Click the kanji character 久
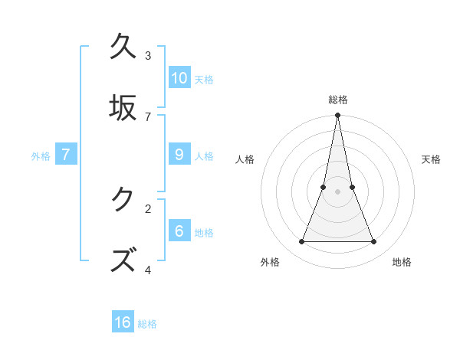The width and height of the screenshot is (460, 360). (x=123, y=47)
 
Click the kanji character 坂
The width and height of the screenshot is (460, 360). (x=123, y=107)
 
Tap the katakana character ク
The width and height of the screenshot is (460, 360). (x=123, y=200)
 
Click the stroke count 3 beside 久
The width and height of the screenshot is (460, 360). (x=148, y=55)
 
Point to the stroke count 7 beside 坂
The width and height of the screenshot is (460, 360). (x=148, y=116)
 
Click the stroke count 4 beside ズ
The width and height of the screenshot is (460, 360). (x=148, y=270)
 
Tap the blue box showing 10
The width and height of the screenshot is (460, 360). (x=179, y=78)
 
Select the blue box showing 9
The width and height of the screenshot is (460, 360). (x=179, y=155)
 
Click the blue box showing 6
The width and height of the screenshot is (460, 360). (x=179, y=231)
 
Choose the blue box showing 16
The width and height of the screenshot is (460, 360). (x=123, y=322)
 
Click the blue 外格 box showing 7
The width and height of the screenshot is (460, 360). (x=66, y=155)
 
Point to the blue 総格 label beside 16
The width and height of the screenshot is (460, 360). (x=147, y=324)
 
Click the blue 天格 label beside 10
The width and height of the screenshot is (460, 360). (x=204, y=80)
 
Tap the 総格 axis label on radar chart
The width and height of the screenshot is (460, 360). (x=337, y=100)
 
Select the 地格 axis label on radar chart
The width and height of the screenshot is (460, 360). (x=402, y=262)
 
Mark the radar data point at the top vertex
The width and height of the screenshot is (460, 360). (x=337, y=116)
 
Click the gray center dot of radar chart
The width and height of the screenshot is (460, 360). (x=337, y=191)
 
